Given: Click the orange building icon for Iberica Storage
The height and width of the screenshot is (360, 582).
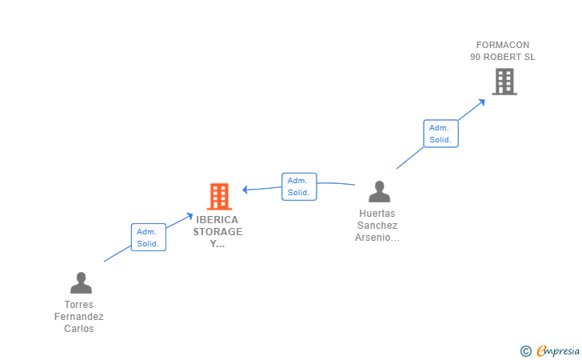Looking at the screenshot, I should tap(218, 196).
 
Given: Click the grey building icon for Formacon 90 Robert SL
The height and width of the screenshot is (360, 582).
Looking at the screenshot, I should tap(504, 81).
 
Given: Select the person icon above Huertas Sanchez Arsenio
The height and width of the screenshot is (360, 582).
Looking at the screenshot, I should tap(379, 191).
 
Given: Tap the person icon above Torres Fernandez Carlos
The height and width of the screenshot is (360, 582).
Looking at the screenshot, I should tap(81, 282).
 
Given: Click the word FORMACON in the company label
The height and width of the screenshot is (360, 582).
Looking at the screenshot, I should tap(503, 45).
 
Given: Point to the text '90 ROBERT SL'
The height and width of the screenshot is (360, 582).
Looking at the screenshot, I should tap(503, 57).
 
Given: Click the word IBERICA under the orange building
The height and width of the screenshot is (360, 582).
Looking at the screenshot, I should tap(217, 219).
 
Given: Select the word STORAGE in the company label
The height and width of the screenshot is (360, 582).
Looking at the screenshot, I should tap(217, 231).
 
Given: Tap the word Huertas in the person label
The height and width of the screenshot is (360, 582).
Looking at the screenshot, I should tap(377, 214).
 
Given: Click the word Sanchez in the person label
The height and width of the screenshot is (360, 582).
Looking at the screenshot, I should tap(377, 226).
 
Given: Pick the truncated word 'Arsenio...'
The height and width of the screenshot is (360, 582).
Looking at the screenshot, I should tap(377, 238).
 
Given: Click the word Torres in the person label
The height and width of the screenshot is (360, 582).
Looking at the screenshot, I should tap(79, 305).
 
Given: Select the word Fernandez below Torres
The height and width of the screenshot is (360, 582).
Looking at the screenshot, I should tap(79, 317).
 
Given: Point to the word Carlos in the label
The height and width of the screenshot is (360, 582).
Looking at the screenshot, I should tap(79, 329).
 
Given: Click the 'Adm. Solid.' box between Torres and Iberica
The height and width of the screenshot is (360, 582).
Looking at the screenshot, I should tap(148, 238).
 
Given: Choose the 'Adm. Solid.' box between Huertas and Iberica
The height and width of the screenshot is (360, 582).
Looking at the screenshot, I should tap(299, 186).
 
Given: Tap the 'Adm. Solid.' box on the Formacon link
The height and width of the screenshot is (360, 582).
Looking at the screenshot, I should tap(440, 134).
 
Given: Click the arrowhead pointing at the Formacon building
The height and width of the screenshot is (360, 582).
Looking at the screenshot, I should tap(481, 101).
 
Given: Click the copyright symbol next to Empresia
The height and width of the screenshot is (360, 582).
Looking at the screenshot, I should tap(525, 350).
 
